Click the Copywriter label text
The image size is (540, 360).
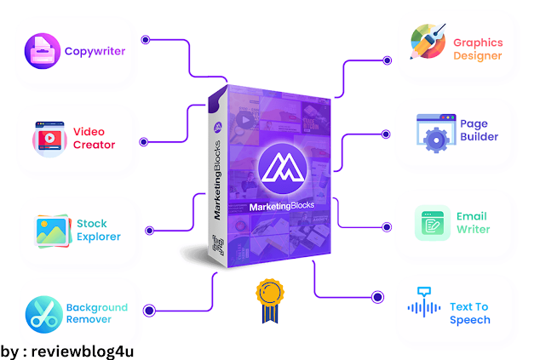coord(95,51)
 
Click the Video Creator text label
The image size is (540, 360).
coord(94,138)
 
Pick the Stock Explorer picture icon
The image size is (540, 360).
coord(51,230)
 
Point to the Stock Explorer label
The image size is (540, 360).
coord(99,230)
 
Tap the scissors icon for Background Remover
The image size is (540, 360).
coord(43,314)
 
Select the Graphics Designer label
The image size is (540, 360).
coord(478,49)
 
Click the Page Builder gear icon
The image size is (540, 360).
coord(434,136)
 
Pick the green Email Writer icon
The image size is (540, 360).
coord(433,223)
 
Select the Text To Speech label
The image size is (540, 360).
coord(470,314)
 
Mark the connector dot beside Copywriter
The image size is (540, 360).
coord(146,39)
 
